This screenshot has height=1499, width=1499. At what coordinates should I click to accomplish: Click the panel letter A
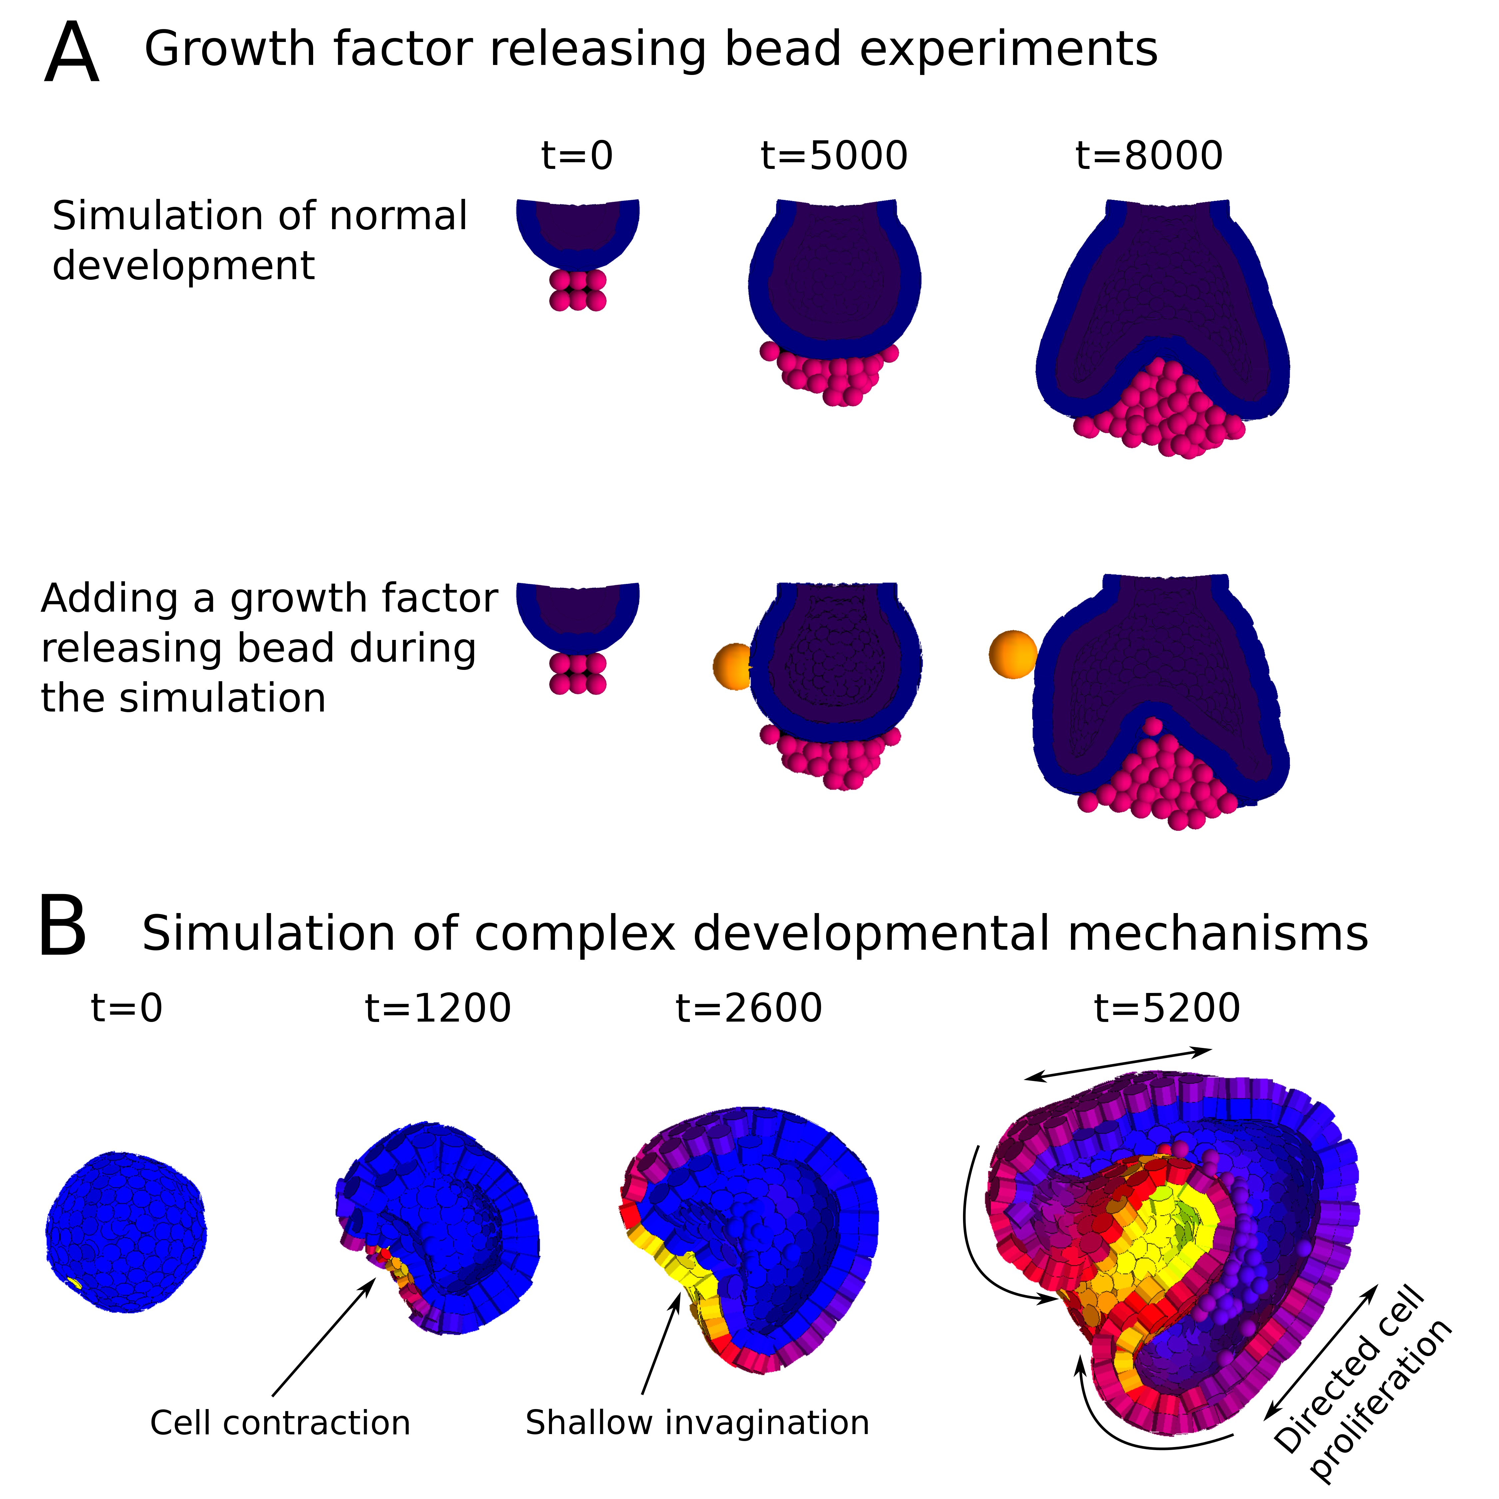point(71,53)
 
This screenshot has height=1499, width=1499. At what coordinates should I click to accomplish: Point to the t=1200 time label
point(438,1009)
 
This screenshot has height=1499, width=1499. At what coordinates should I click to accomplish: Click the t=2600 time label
point(749,1009)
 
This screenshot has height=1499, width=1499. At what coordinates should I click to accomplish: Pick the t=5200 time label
point(1167,1009)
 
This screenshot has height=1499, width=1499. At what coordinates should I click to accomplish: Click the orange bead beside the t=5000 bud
point(732,666)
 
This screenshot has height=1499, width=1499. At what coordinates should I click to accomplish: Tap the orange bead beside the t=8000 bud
point(1012,654)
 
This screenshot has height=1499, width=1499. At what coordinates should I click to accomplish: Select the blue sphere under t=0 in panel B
point(126,1231)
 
